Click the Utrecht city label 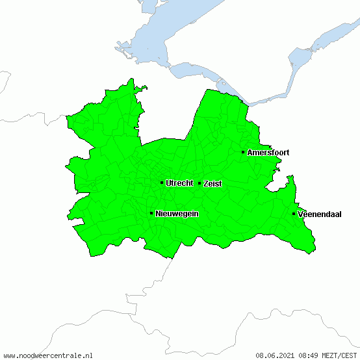click(x=179, y=183)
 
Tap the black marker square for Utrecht click(x=162, y=183)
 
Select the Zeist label click(x=212, y=184)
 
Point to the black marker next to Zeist click(x=199, y=183)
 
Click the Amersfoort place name click(x=268, y=153)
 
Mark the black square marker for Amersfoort click(x=243, y=152)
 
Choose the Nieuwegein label click(x=177, y=214)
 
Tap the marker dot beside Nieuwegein click(x=151, y=213)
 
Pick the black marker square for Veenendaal click(x=294, y=214)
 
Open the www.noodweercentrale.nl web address click(x=48, y=355)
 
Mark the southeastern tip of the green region click(x=315, y=250)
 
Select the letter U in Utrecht click(x=168, y=183)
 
